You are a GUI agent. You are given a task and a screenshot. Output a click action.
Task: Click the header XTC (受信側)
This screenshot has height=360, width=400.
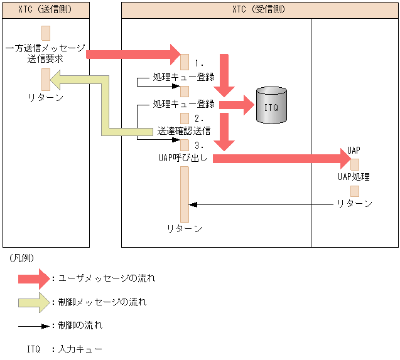click(259, 9)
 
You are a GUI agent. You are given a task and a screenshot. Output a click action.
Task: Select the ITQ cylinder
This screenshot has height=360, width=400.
click(271, 105)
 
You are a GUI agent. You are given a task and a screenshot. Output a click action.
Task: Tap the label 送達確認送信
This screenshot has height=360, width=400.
click(183, 130)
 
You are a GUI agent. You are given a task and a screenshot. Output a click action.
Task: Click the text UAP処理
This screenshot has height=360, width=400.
click(354, 177)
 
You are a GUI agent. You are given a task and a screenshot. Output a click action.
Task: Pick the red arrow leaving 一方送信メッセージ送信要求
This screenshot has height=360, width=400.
click(132, 55)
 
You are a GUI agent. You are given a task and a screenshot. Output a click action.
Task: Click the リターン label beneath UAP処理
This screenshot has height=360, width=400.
click(354, 204)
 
